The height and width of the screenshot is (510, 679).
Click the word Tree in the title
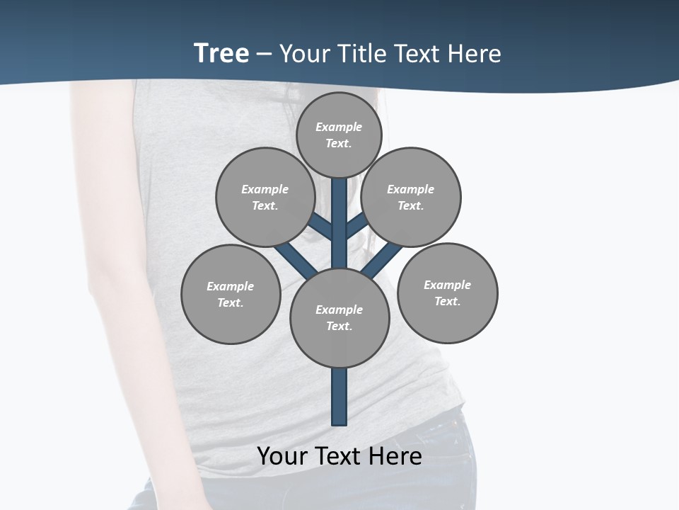tap(221, 53)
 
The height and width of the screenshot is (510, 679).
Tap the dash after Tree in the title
tap(264, 54)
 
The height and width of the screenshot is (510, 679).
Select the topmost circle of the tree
tap(339, 135)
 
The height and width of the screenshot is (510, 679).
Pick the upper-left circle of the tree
tap(265, 197)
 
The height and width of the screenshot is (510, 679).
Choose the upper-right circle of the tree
tap(411, 197)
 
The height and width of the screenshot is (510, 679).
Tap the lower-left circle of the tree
tap(231, 294)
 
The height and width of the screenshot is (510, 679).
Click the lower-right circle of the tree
tap(447, 293)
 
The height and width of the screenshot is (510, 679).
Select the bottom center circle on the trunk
tap(339, 317)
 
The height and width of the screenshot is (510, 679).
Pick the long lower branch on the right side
tap(382, 260)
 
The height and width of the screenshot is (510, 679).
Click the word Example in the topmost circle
tap(339, 127)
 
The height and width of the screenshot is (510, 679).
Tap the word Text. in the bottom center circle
tap(339, 326)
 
